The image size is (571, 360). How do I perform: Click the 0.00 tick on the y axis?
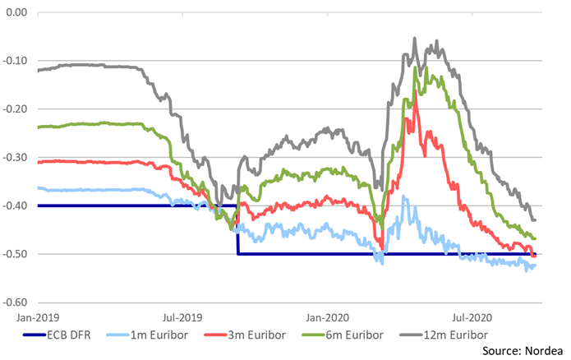coord(16,13)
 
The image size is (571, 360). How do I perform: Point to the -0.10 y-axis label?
coord(16,62)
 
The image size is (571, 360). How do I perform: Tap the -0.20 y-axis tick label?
coord(16,109)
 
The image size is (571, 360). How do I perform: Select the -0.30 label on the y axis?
coord(16,158)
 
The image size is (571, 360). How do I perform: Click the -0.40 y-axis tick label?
coord(16,205)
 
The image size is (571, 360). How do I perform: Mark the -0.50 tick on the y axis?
coord(16,254)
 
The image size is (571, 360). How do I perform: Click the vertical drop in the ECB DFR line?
coord(237,230)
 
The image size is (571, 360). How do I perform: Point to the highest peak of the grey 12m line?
coord(414,39)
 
